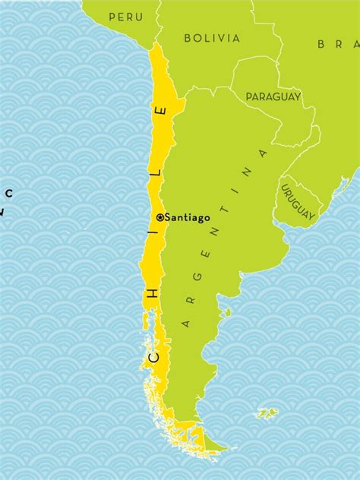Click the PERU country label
tap(125, 17)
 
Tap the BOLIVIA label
tap(212, 38)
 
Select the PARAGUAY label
tap(273, 96)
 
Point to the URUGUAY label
tap(297, 202)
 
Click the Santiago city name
tap(187, 217)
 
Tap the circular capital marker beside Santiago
tap(159, 217)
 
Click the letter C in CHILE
tap(153, 355)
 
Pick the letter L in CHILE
tap(157, 172)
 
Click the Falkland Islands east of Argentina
tap(267, 413)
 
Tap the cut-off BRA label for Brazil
tap(338, 44)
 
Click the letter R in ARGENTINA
tap(190, 300)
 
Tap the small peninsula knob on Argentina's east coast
tap(226, 311)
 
